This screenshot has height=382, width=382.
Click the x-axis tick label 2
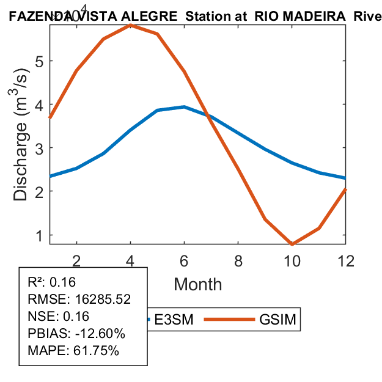click(76, 260)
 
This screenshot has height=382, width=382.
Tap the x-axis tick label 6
click(185, 260)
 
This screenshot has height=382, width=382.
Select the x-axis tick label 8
click(238, 260)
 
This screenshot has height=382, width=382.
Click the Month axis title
click(198, 284)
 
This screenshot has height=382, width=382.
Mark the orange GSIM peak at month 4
click(131, 25)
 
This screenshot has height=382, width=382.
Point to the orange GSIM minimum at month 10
click(292, 244)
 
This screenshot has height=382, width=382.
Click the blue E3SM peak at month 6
click(185, 107)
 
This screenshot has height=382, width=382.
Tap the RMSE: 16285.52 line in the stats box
click(79, 299)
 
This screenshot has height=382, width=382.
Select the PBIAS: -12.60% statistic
click(76, 334)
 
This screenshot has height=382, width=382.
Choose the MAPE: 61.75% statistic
click(73, 351)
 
